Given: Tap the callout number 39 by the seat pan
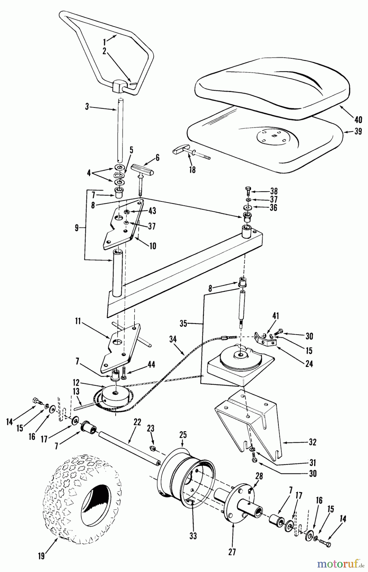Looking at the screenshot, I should (x=358, y=131).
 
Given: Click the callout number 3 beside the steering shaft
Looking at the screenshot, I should (x=87, y=106).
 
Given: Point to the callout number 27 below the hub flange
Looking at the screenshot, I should (x=232, y=552).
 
